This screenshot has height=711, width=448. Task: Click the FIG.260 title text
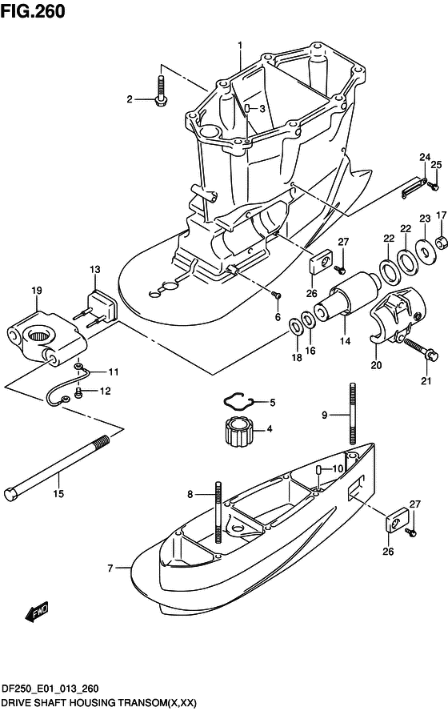point(33,11)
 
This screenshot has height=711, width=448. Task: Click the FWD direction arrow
point(37,613)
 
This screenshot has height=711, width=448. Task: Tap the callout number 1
point(240,46)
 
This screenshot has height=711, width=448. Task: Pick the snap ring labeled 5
point(238,401)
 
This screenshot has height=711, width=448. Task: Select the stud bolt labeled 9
point(352,413)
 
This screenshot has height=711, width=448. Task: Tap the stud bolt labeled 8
point(219,512)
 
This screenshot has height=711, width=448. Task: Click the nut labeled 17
point(442,243)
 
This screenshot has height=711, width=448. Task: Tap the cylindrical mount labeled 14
point(348,294)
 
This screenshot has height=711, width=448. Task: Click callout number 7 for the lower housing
point(110,568)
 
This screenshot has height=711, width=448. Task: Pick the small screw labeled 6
point(277,296)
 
